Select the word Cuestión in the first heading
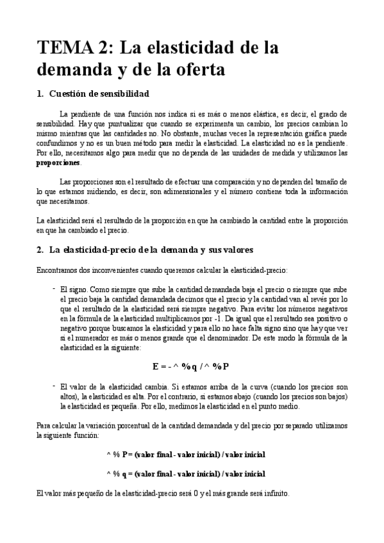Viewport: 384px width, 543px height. pyautogui.click(x=71, y=94)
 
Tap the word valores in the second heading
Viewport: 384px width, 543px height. pyautogui.click(x=237, y=249)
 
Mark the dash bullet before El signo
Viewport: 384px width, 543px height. pyautogui.click(x=53, y=288)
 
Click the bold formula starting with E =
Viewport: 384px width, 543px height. pyautogui.click(x=191, y=366)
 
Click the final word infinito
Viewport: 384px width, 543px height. pyautogui.click(x=274, y=494)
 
